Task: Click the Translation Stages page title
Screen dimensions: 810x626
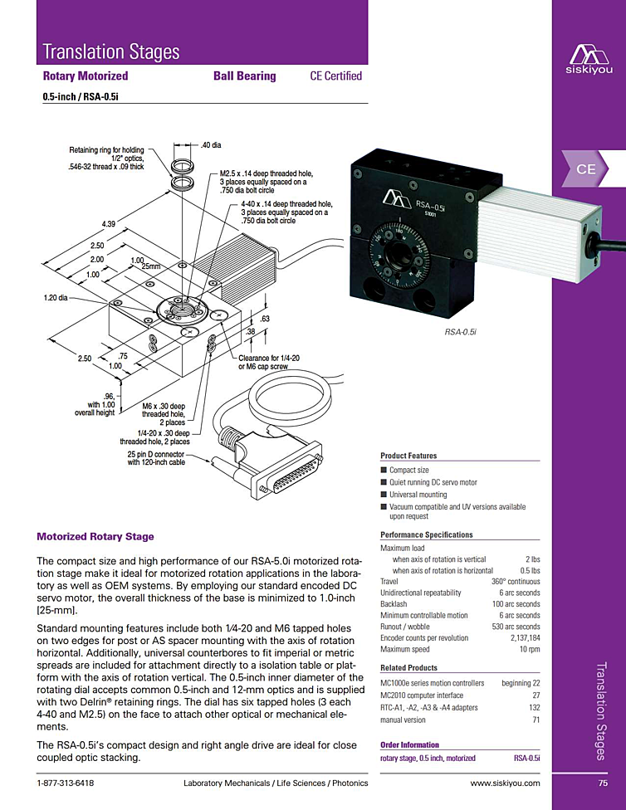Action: point(111,51)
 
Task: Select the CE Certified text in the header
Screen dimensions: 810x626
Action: point(335,76)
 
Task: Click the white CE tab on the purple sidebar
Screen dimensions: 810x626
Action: point(586,168)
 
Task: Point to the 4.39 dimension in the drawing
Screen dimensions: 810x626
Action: point(108,225)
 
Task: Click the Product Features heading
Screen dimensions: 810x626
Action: point(408,456)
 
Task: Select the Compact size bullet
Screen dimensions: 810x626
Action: point(408,470)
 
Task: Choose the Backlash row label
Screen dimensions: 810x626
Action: point(394,604)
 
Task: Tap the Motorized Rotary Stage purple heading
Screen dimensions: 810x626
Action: point(95,537)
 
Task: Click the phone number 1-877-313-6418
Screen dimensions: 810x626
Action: point(66,783)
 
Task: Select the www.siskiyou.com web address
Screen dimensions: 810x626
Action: point(505,783)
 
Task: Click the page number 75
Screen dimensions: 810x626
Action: point(603,783)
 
